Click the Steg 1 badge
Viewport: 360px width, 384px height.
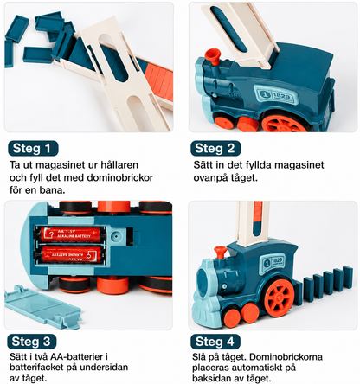(x=33, y=149)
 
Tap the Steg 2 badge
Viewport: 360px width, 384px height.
(x=215, y=149)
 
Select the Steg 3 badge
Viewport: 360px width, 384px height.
(x=32, y=342)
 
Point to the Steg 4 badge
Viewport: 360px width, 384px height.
(x=215, y=342)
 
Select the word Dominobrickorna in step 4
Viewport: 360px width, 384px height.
(x=286, y=357)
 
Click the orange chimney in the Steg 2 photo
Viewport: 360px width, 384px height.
(x=212, y=59)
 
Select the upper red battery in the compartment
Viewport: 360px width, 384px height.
(x=70, y=234)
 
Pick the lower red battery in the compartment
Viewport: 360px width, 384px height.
(x=71, y=254)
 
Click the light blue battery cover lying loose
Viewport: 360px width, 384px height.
(x=42, y=308)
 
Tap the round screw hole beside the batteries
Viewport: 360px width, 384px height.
(x=116, y=235)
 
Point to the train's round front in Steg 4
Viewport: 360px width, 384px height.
(x=205, y=279)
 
